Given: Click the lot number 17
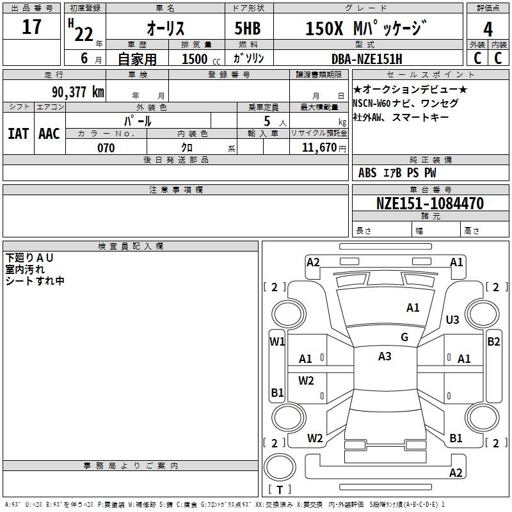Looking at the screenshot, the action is (x=31, y=28).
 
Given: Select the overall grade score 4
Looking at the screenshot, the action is (x=488, y=29).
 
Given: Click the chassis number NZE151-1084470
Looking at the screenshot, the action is (x=430, y=204).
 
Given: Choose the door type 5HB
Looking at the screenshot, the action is (x=247, y=28).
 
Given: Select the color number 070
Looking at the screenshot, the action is (x=106, y=148).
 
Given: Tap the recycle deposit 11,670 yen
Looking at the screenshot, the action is (x=319, y=148).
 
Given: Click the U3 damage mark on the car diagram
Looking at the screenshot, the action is (x=452, y=319).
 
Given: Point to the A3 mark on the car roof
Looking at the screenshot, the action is (x=385, y=356).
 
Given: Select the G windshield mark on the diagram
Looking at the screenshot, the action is (x=404, y=337).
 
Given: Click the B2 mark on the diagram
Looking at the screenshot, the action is (x=493, y=342).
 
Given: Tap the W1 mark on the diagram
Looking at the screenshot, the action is (x=276, y=342).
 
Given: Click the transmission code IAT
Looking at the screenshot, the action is (x=18, y=133).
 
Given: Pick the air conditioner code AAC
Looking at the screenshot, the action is (x=49, y=133).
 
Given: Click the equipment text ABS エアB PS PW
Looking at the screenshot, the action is (x=397, y=173).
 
